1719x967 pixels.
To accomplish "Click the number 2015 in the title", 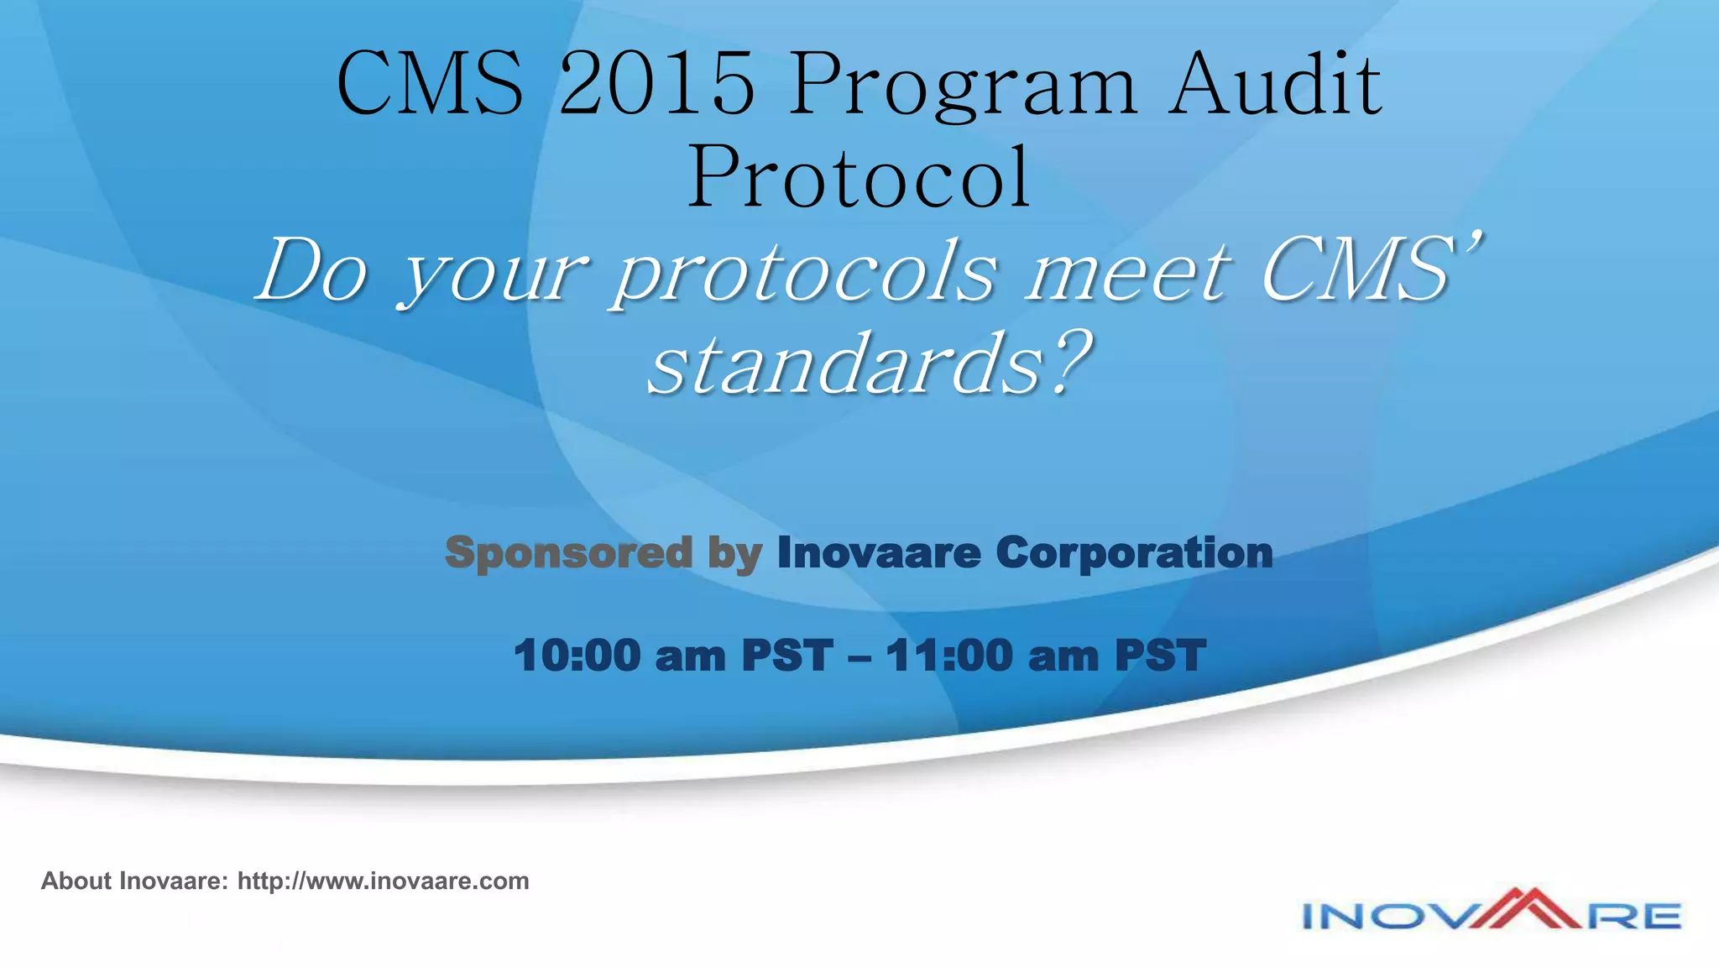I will click(x=656, y=84).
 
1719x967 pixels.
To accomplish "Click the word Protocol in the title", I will click(x=859, y=178).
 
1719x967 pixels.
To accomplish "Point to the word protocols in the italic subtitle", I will click(x=805, y=274).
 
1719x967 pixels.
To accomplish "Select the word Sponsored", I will click(x=568, y=553).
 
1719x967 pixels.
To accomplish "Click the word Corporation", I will click(x=1134, y=553).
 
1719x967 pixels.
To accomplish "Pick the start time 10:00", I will click(x=577, y=656).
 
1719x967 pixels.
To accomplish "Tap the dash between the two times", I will click(x=859, y=656).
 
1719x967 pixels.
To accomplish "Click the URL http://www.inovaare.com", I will click(x=383, y=881).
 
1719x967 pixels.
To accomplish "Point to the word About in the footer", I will click(x=76, y=881).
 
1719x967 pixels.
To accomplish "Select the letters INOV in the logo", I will click(x=1385, y=916).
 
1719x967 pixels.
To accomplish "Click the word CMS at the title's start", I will click(x=431, y=84).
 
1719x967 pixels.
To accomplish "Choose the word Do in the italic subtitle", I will click(x=312, y=272).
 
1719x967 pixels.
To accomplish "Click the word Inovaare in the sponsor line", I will click(x=879, y=553).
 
